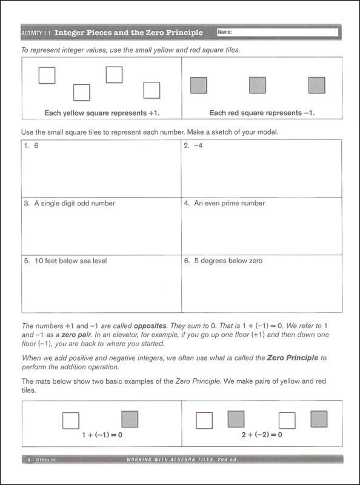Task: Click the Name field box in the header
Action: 277,32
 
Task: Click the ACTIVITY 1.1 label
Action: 36,33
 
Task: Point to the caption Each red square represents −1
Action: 262,113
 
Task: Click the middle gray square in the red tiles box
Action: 258,85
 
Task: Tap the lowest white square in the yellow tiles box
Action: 82,93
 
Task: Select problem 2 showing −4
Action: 194,146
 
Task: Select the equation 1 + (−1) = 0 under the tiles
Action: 102,435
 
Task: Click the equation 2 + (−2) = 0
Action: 262,435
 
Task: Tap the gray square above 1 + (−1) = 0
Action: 130,420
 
